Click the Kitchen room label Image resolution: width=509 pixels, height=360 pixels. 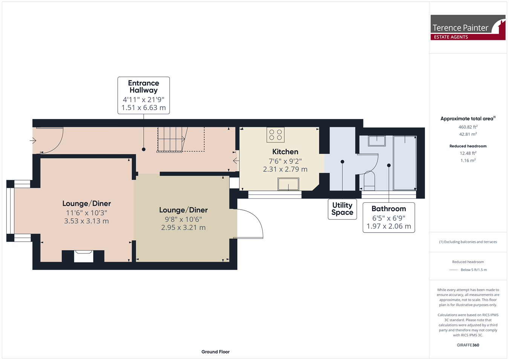point(285,152)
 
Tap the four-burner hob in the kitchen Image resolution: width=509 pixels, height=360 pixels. point(275,135)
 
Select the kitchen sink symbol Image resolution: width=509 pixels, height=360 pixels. point(288,184)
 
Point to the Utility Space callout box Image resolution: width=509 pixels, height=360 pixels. point(342,209)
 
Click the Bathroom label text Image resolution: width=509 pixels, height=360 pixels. point(389,209)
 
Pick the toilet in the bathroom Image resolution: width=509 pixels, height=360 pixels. point(369,181)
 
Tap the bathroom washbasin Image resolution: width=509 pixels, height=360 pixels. point(377,141)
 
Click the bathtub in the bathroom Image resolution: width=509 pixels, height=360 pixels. point(405,163)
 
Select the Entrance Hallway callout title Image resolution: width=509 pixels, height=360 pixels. point(144,87)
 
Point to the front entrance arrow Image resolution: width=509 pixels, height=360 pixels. point(33,141)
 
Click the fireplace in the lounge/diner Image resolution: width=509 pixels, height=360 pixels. point(83,256)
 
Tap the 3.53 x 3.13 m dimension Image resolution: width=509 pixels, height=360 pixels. point(86,221)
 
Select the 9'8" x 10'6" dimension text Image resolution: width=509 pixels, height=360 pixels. point(183,219)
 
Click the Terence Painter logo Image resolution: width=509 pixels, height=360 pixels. point(468,28)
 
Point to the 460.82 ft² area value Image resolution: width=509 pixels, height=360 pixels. point(468,127)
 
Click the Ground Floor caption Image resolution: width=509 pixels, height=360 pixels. point(215,352)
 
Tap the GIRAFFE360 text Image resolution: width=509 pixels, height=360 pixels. point(468,345)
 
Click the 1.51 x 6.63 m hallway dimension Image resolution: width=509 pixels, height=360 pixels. point(144,108)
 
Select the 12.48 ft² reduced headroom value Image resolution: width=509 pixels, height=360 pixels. point(468,153)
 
